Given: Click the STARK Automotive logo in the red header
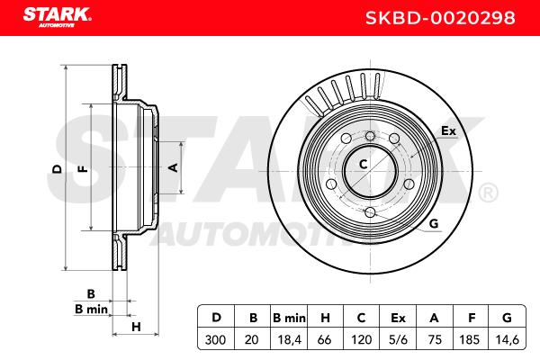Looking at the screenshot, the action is coord(58,17).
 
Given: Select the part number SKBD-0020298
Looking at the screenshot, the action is coord(440,18).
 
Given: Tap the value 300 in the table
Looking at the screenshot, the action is coord(216,339).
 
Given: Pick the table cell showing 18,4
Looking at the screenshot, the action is coord(289,340).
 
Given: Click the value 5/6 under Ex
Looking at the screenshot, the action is coord(398,340).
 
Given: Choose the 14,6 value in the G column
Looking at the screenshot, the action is coord(507,340).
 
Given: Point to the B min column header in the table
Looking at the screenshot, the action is coord(289,318).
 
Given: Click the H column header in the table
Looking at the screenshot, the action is coord(325,318).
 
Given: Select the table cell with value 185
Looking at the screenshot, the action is coord(470,340).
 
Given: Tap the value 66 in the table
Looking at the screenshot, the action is coord(325,340).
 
